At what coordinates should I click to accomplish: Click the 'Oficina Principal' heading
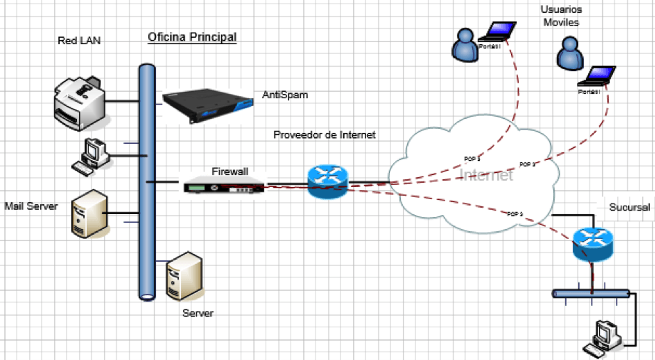click(x=192, y=36)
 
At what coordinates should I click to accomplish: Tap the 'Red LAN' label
click(x=79, y=41)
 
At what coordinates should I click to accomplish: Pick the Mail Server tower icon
click(x=89, y=212)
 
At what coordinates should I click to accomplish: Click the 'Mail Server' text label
click(x=31, y=206)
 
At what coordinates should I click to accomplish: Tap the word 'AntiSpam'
click(x=285, y=95)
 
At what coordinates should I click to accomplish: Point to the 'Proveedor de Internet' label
click(x=325, y=135)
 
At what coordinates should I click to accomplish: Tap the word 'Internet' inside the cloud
click(x=486, y=175)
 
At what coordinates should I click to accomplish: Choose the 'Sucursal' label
click(x=629, y=207)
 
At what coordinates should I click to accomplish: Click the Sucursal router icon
click(x=592, y=245)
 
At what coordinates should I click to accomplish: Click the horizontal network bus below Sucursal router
click(x=591, y=292)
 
